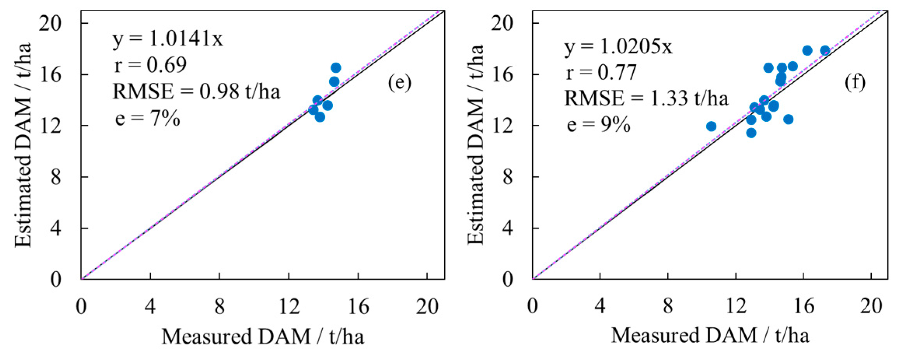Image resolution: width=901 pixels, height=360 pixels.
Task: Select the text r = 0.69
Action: (x=150, y=65)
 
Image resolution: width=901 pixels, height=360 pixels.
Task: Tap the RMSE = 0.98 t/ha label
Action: (x=196, y=92)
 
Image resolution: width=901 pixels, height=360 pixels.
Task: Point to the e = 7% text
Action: (x=148, y=118)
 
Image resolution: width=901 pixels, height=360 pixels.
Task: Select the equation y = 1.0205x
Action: (x=618, y=47)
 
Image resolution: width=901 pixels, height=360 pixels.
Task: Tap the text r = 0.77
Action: (x=601, y=72)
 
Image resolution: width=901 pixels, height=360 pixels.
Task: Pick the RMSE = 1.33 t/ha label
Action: (x=646, y=98)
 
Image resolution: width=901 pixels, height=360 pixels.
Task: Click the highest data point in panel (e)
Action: (x=336, y=68)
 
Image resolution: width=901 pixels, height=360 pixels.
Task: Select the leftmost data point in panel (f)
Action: (x=711, y=126)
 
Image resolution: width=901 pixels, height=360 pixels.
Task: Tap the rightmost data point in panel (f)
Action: (x=825, y=51)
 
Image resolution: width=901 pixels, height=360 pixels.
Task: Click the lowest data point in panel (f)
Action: (x=751, y=133)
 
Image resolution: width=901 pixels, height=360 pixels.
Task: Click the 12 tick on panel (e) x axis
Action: (x=289, y=307)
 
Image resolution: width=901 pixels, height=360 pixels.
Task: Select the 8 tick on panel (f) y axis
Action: (x=507, y=177)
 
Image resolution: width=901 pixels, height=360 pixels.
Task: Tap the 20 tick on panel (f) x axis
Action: (x=871, y=307)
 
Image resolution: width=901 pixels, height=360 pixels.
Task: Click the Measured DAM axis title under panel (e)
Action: (x=263, y=336)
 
